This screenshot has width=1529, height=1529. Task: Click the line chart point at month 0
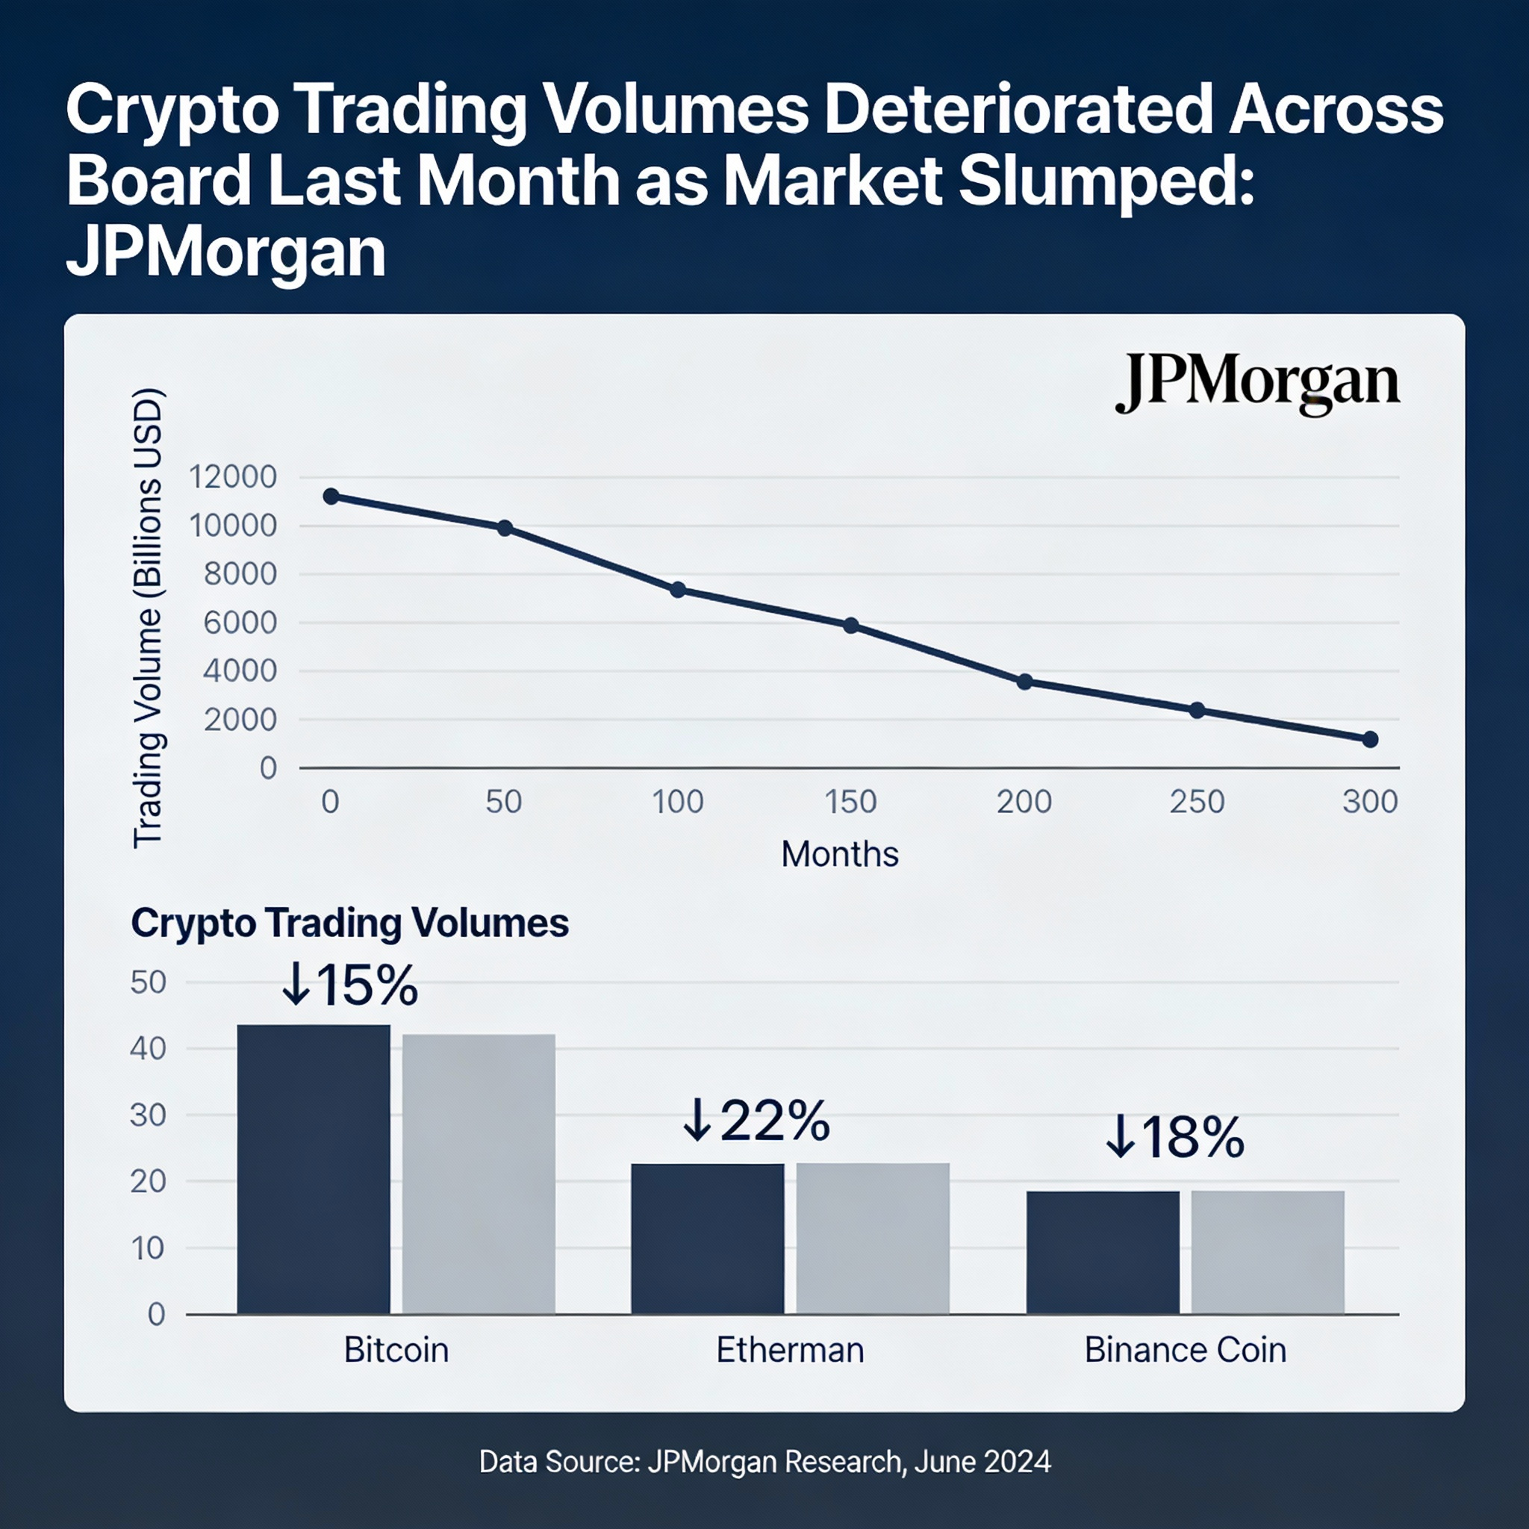tap(331, 496)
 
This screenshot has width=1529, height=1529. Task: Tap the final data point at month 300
tap(1370, 739)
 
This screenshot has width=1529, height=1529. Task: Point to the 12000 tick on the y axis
tap(233, 476)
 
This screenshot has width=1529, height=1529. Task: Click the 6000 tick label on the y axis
tap(240, 623)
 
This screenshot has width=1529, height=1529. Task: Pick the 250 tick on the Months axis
tap(1197, 802)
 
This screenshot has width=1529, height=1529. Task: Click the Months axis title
tap(840, 854)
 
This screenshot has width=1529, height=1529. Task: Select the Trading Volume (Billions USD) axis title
tap(147, 618)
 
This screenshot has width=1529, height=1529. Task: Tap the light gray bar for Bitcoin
tap(478, 1174)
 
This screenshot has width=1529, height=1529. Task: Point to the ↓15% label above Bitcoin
tap(350, 985)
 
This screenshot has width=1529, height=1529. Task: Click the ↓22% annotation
tap(756, 1121)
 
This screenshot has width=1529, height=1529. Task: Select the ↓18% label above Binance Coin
tap(1174, 1137)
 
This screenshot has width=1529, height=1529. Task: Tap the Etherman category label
tap(790, 1349)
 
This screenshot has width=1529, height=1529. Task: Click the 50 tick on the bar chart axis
tap(148, 983)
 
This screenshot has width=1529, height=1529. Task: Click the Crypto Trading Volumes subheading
tap(350, 923)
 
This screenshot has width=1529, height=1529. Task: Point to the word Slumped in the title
tap(1106, 181)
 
